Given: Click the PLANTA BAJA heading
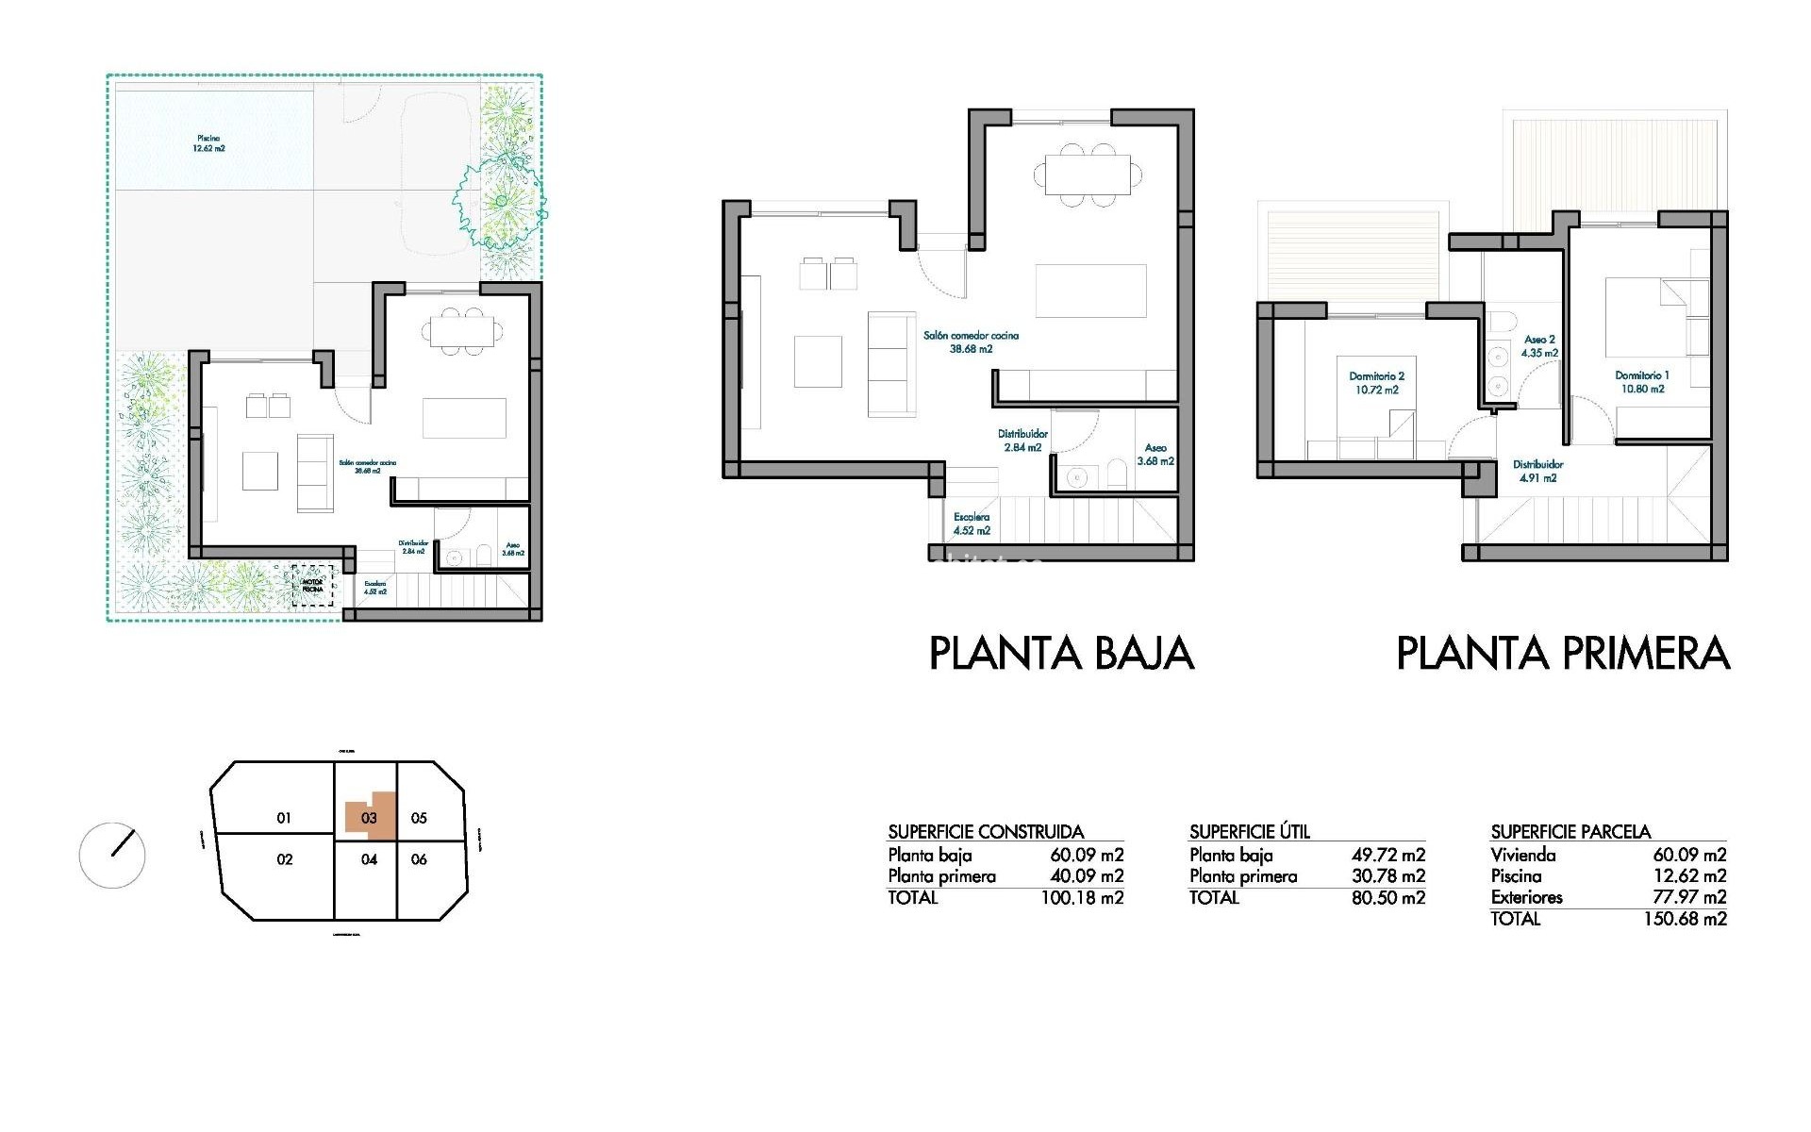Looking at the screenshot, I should click(1061, 654).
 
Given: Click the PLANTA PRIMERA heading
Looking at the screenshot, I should click(1562, 654).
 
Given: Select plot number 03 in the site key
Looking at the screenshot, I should click(369, 818).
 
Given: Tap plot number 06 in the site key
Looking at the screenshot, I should click(419, 859).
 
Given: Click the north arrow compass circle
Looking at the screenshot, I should click(112, 856).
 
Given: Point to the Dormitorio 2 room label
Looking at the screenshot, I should click(1376, 382).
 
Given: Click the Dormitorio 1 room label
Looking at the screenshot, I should click(1641, 382).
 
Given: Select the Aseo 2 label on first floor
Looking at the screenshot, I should click(1539, 346).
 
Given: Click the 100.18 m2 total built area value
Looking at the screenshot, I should click(1082, 898).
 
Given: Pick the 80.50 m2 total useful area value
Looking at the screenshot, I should click(1388, 898).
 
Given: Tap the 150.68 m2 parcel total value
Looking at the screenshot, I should click(1685, 919).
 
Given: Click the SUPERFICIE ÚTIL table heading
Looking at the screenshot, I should click(1249, 832).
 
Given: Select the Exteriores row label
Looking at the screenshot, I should click(1526, 897).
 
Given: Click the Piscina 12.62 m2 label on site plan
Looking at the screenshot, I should click(208, 143).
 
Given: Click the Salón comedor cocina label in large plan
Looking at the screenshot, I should click(971, 341).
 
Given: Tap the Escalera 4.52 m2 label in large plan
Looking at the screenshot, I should click(971, 524).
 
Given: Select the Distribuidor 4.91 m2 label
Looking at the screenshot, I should click(1537, 471).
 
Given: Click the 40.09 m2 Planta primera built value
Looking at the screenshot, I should click(1087, 876).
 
